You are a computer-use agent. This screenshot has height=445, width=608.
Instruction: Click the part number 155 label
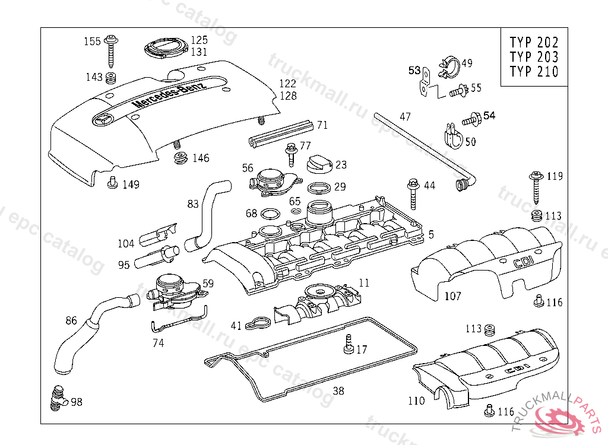point(92,42)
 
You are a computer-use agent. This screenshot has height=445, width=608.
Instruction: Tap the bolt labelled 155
point(112,50)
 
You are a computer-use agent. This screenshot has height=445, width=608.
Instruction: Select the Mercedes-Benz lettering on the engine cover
point(168,95)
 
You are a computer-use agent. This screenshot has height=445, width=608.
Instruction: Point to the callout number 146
point(201,158)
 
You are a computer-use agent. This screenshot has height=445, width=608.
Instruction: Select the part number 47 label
point(405,117)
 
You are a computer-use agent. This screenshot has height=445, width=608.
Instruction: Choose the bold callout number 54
point(489,116)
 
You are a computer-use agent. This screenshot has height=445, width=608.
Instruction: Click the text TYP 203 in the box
point(534,57)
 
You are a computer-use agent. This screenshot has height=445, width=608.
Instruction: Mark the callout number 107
point(452,295)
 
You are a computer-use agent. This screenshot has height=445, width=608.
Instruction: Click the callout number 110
point(416,401)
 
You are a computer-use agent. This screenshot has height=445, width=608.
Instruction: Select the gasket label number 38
point(338,391)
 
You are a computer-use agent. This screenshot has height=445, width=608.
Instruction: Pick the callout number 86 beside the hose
point(71,321)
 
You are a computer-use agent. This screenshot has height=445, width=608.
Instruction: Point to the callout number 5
point(431,234)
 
